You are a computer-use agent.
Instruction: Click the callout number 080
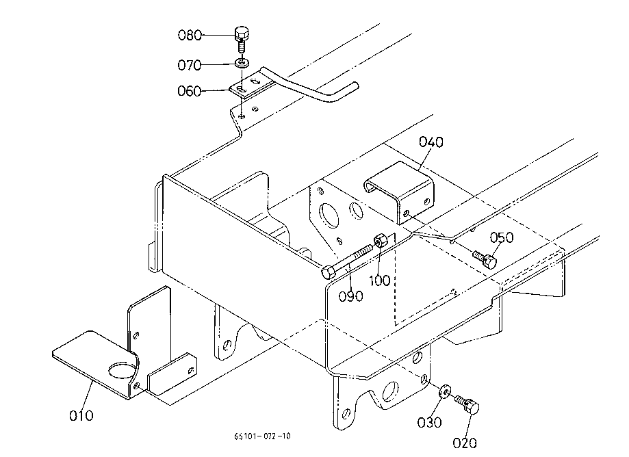click(x=190, y=36)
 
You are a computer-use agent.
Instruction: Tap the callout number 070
click(x=190, y=65)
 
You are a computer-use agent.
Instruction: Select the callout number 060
click(x=190, y=91)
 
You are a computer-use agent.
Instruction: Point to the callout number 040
click(x=431, y=142)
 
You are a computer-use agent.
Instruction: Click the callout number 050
click(x=502, y=237)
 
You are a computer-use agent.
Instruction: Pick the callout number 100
click(x=379, y=280)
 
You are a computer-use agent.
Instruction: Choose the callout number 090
click(x=351, y=296)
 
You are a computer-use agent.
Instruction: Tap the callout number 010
click(x=81, y=415)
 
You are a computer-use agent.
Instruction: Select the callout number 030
click(x=429, y=422)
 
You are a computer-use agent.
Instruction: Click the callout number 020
click(x=465, y=443)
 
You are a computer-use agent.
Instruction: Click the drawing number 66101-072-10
click(x=262, y=436)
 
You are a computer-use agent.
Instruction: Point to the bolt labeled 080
click(x=241, y=38)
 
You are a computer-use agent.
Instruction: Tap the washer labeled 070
click(x=242, y=62)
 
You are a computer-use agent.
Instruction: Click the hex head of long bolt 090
click(x=328, y=272)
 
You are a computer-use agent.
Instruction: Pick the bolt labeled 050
click(x=485, y=259)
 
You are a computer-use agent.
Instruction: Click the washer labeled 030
click(x=445, y=391)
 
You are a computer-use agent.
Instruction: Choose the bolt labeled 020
click(x=467, y=405)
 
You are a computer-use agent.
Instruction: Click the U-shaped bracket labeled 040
click(x=401, y=192)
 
